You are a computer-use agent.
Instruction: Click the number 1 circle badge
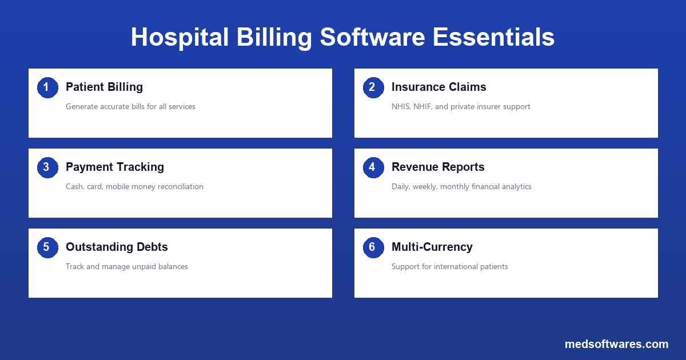point(47,87)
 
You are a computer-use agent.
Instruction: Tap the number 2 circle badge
point(373,87)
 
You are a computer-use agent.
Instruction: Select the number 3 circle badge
point(47,167)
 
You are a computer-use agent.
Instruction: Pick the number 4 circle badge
point(373,167)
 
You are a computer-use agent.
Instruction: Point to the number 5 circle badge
point(47,247)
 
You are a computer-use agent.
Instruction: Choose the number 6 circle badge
point(373,247)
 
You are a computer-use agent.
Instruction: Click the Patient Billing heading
point(104,87)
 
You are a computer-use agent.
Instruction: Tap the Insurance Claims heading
point(438,87)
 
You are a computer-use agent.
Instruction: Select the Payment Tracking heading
point(114,167)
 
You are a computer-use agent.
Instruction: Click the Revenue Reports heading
point(438,167)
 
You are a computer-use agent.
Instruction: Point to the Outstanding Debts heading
point(117,247)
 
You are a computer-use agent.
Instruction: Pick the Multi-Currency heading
point(432,247)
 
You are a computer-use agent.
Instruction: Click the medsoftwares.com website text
point(616,344)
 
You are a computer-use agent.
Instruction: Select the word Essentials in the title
point(493,37)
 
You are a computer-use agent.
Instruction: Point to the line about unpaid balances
point(126,266)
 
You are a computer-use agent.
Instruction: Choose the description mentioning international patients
point(449,266)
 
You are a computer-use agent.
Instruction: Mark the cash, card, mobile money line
point(134,186)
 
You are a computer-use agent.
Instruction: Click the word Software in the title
point(372,37)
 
